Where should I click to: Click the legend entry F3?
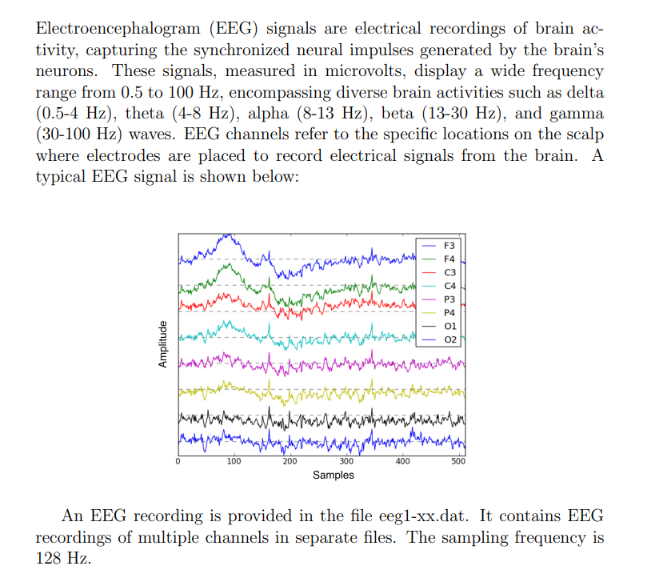(449, 245)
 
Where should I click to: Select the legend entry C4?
(449, 285)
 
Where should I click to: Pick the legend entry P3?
(449, 299)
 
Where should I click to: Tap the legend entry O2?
(449, 339)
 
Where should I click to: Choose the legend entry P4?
(449, 312)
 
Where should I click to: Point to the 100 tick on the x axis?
(234, 462)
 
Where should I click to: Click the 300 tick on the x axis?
(346, 462)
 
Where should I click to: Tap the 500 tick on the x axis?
(458, 462)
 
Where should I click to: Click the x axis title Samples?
(333, 476)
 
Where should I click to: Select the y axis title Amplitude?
(162, 344)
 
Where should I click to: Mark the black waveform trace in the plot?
(320, 419)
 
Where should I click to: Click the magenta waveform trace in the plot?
(320, 366)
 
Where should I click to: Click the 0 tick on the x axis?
(178, 462)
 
